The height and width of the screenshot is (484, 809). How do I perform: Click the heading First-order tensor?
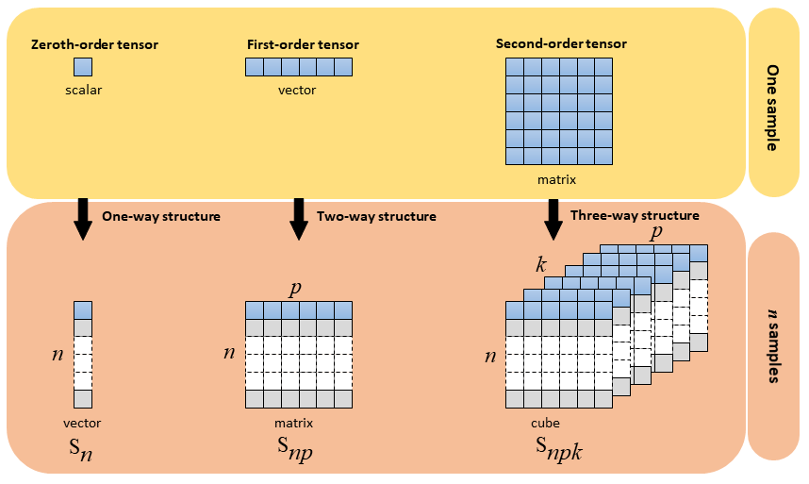303,44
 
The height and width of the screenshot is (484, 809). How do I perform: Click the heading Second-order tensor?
561,43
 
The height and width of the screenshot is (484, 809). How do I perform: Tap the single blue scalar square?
83,67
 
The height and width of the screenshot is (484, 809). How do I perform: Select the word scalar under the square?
83,91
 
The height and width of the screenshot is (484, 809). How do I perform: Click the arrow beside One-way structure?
82,219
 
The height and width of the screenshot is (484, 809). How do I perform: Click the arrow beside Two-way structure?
299,219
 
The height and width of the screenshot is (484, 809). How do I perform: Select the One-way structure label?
160,216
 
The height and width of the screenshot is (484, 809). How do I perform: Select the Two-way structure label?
376,216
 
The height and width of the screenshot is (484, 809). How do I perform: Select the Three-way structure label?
635,215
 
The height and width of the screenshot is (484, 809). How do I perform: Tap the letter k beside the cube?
541,266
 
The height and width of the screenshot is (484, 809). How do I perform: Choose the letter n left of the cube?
490,357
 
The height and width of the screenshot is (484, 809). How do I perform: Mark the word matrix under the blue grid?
561,178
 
